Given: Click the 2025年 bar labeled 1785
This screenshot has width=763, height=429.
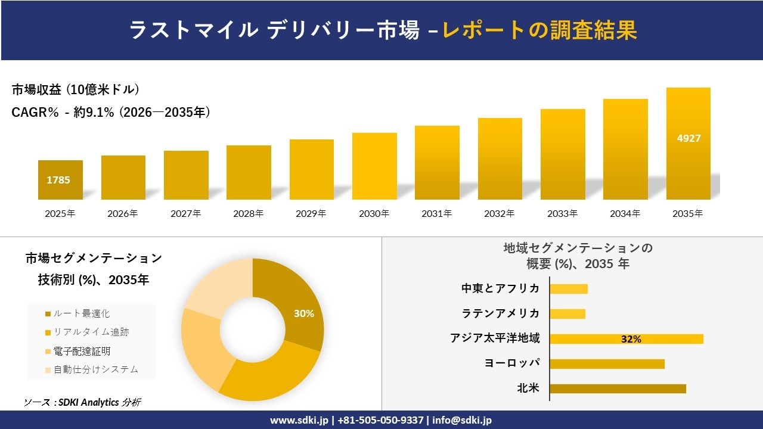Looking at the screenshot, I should pyautogui.click(x=60, y=179).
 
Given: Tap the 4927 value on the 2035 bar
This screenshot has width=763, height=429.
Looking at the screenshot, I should pyautogui.click(x=688, y=138).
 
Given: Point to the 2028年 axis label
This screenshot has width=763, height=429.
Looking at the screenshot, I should pyautogui.click(x=248, y=213).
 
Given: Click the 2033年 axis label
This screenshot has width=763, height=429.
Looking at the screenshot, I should pyautogui.click(x=562, y=213).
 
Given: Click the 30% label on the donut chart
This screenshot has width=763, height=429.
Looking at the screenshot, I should pyautogui.click(x=303, y=313).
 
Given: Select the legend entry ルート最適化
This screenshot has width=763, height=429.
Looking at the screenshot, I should pyautogui.click(x=81, y=313).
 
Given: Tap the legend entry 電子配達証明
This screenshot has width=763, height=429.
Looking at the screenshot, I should pyautogui.click(x=81, y=351).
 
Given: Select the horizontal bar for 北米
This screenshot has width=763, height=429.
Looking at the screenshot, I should pyautogui.click(x=618, y=388).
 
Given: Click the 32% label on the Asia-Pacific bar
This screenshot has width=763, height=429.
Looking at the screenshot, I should pyautogui.click(x=631, y=339).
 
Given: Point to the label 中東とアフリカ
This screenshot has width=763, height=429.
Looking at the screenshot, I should pyautogui.click(x=500, y=288).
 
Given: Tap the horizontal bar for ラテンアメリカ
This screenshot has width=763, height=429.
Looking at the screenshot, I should pyautogui.click(x=567, y=313).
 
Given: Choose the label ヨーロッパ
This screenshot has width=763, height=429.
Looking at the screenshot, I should pyautogui.click(x=513, y=363).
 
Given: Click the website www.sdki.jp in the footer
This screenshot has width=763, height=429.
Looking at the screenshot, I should pyautogui.click(x=299, y=420).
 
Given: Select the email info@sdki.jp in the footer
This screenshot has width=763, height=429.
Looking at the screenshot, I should pyautogui.click(x=462, y=420).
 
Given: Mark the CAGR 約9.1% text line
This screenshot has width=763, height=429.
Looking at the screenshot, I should pyautogui.click(x=111, y=112).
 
